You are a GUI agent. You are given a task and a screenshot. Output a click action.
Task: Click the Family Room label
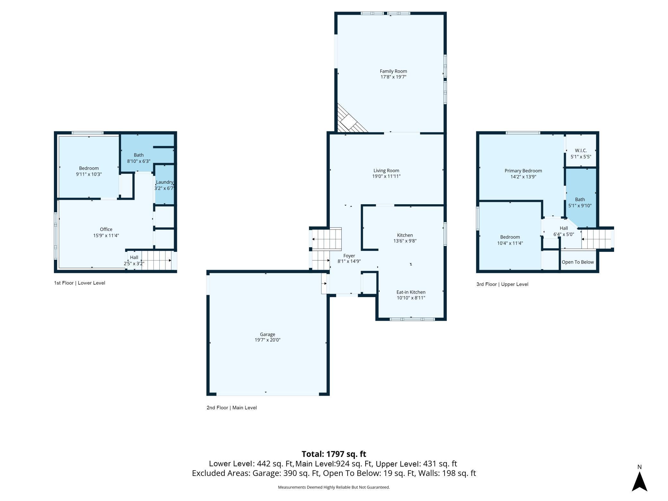click(x=393, y=71)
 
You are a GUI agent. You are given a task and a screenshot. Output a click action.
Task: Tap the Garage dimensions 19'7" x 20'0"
click(x=268, y=340)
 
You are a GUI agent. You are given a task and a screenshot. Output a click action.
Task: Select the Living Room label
click(x=386, y=171)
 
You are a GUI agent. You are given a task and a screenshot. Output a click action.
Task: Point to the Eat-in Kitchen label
click(x=411, y=292)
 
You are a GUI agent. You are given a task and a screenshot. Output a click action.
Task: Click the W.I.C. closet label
click(x=581, y=151)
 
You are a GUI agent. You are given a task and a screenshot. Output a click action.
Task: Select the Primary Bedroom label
click(x=523, y=171)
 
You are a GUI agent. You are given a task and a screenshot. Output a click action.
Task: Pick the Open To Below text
click(x=578, y=262)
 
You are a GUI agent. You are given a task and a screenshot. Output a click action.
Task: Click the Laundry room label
click(x=164, y=182)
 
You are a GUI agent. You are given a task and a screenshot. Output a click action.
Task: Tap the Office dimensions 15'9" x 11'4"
click(x=106, y=235)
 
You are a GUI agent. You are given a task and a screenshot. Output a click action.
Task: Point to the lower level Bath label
click(x=139, y=155)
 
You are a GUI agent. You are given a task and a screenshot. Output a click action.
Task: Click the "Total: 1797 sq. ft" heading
click(x=334, y=454)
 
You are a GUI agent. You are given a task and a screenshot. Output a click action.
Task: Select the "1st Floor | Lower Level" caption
click(x=80, y=283)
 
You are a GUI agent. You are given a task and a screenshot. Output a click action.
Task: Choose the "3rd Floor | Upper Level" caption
click(x=502, y=284)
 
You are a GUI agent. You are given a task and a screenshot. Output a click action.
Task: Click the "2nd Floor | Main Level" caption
click(x=232, y=408)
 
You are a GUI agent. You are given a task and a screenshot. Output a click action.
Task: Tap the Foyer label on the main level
click(x=349, y=256)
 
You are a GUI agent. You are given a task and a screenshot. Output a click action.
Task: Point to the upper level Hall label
click(x=564, y=228)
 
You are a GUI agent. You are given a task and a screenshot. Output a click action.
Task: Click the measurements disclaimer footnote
click(x=334, y=487)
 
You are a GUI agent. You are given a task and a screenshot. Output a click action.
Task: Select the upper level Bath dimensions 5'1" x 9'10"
click(x=580, y=206)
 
